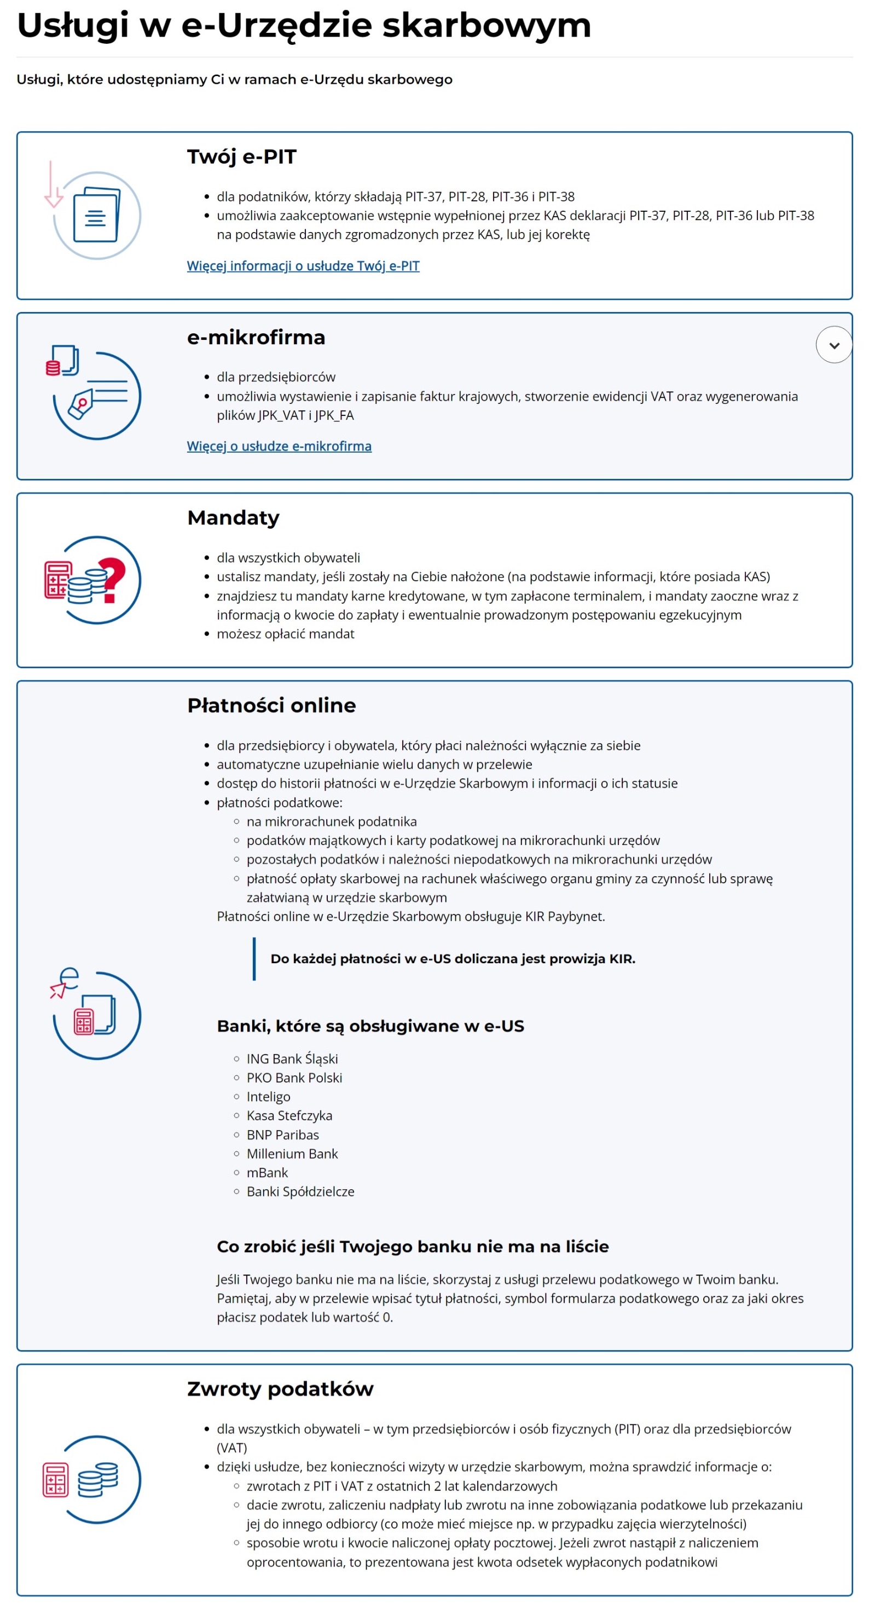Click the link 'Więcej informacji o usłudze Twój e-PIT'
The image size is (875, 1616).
coord(303,266)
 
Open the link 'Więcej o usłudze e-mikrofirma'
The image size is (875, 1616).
coord(279,446)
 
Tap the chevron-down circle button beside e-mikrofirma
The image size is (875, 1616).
coord(833,345)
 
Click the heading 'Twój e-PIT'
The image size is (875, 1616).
coord(241,157)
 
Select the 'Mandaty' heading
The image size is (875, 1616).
coord(233,518)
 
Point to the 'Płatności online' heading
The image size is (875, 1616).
coord(271,706)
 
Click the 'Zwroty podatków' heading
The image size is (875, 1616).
coord(280,1389)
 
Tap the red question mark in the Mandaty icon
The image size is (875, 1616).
coord(113,579)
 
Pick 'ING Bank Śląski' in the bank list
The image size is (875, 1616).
coord(292,1059)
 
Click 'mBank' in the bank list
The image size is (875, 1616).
coord(267,1173)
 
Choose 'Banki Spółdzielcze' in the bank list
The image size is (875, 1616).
coord(300,1191)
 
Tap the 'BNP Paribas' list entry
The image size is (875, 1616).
coord(282,1135)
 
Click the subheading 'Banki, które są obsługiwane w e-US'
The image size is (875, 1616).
coord(370,1026)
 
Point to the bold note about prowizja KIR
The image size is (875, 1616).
coord(453,959)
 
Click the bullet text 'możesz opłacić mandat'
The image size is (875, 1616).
coord(286,634)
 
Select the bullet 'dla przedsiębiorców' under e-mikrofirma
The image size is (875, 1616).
coord(276,377)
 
